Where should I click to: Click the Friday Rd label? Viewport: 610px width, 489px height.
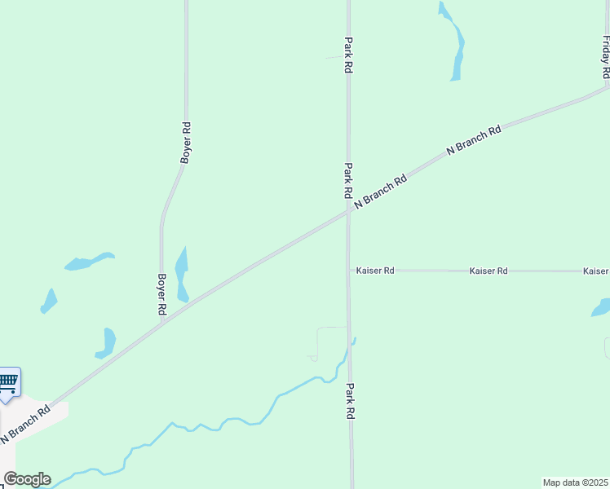[605, 57]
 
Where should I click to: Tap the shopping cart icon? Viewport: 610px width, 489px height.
[8, 381]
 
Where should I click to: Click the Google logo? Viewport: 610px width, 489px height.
[27, 479]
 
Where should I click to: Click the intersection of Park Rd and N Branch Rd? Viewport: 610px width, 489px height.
[349, 210]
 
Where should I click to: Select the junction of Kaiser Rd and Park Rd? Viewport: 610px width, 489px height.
[350, 270]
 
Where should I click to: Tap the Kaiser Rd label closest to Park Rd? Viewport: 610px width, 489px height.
[375, 270]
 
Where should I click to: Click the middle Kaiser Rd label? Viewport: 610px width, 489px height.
[488, 270]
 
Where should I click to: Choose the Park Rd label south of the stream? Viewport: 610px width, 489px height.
[351, 401]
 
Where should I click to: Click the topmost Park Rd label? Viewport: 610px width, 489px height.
[348, 55]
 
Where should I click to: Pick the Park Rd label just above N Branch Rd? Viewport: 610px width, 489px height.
[348, 181]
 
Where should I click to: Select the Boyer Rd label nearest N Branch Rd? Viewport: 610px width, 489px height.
[161, 293]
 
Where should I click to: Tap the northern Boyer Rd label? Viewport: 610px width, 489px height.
[186, 143]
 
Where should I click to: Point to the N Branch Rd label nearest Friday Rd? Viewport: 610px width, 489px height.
[474, 141]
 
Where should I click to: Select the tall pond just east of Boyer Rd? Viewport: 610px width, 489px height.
[181, 273]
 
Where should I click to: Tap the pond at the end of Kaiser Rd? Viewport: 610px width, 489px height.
[602, 308]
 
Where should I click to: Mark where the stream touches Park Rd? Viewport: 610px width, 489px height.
[351, 344]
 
